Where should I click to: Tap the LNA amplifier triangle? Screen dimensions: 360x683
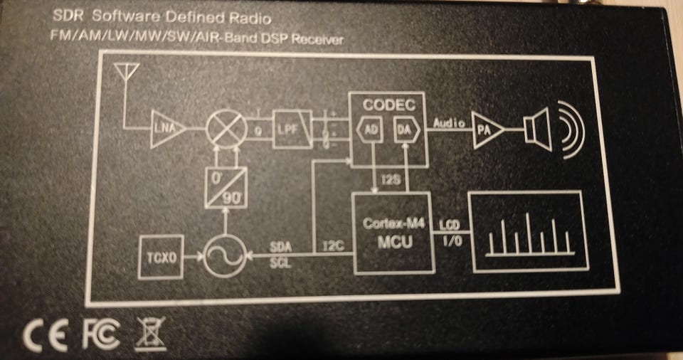pyautogui.click(x=167, y=129)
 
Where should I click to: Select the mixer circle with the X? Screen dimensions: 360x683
pyautogui.click(x=226, y=129)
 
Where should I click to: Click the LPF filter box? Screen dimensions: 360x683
pyautogui.click(x=292, y=129)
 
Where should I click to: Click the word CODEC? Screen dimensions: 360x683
pyautogui.click(x=388, y=104)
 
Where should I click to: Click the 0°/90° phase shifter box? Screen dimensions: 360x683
pyautogui.click(x=226, y=187)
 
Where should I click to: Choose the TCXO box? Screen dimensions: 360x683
pyautogui.click(x=160, y=256)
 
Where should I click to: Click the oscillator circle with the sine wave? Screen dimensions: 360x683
pyautogui.click(x=226, y=256)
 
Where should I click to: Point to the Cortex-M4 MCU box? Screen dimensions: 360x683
pyautogui.click(x=393, y=232)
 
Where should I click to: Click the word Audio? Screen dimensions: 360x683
pyautogui.click(x=448, y=122)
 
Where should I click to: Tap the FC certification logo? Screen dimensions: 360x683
pyautogui.click(x=101, y=334)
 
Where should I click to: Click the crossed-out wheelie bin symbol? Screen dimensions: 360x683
pyautogui.click(x=150, y=333)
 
